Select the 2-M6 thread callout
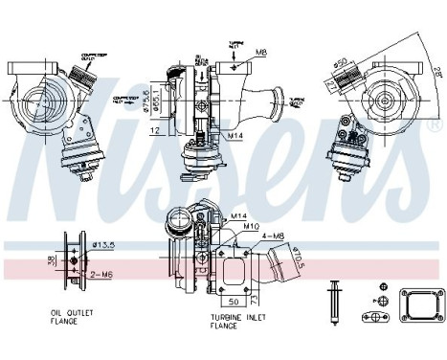coord(101,275)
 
